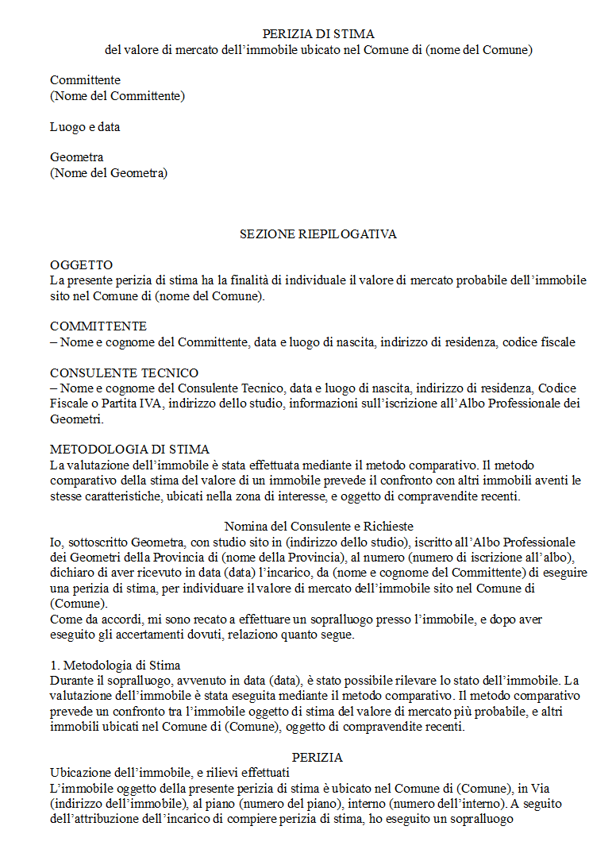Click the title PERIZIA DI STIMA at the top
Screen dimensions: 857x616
(318, 34)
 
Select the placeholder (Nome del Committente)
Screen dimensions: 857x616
(117, 96)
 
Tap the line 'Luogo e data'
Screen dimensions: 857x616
(85, 127)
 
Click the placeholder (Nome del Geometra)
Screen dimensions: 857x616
(109, 173)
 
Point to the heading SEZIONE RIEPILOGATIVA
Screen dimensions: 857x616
(318, 234)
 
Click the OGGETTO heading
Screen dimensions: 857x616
(81, 265)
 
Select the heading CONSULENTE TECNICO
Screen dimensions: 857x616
(124, 373)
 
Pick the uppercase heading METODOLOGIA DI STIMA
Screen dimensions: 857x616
(129, 450)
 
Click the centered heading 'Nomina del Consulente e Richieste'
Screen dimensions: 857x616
(318, 527)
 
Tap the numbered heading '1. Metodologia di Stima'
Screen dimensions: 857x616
(115, 665)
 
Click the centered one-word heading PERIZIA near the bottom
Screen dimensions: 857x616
(318, 758)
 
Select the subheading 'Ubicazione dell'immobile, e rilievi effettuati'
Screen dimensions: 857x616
(169, 773)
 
